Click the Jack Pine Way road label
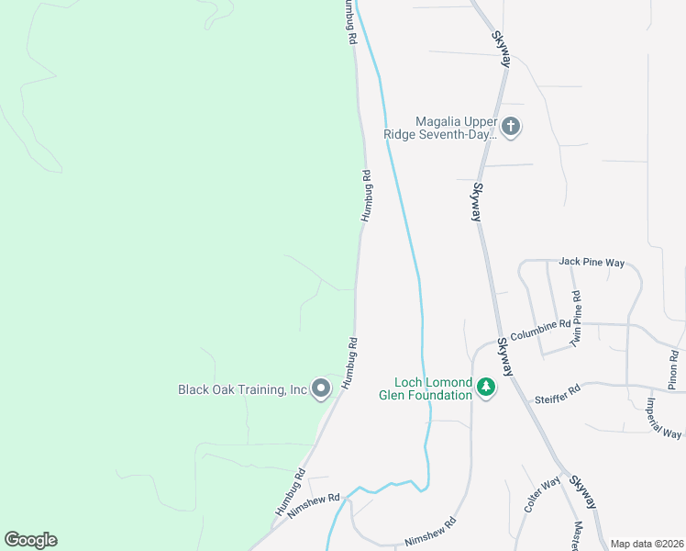coord(591,263)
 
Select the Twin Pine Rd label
coord(576,319)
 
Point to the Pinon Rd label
coord(674,369)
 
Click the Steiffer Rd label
coord(558,395)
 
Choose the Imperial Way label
coord(663,418)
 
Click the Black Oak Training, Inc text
coord(242,389)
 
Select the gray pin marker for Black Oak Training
coord(321,389)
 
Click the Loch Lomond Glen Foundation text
coord(433,388)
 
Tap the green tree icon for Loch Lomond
coord(486,388)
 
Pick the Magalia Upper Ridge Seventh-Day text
coord(456,127)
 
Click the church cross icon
coord(511,127)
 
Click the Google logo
coord(30,540)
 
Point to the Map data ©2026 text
coord(647,544)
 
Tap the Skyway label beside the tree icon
coord(505,356)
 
